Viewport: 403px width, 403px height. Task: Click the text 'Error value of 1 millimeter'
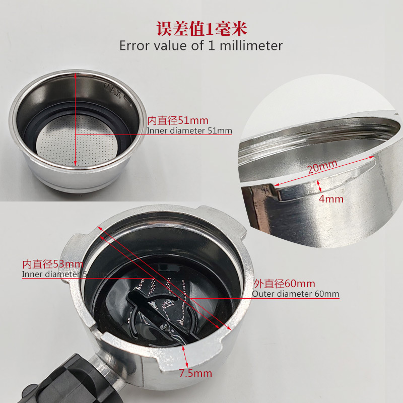(201, 45)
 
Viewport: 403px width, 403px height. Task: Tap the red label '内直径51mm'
(177, 121)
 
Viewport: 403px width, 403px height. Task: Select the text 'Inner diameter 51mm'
(189, 131)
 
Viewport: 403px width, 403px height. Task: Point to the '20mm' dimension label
(322, 166)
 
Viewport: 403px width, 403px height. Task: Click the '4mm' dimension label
(331, 199)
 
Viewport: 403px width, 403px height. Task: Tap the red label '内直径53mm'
(52, 264)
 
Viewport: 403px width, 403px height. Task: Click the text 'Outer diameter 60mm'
(295, 294)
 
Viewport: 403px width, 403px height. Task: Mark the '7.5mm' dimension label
(195, 373)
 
